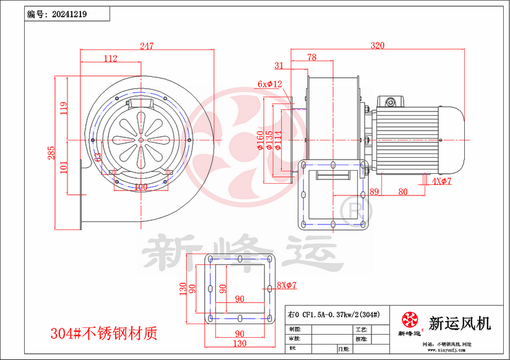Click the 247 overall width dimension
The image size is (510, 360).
click(x=147, y=46)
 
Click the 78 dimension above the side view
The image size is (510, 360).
click(x=312, y=58)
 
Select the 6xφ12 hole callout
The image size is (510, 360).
click(x=270, y=84)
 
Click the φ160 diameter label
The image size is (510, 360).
click(x=260, y=144)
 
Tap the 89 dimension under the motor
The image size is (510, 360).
click(x=374, y=192)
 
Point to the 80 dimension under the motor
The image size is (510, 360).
click(x=403, y=192)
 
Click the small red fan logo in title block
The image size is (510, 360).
click(x=409, y=321)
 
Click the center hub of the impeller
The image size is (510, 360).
click(x=141, y=141)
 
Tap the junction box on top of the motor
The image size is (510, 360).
click(x=391, y=102)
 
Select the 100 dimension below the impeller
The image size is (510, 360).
click(x=140, y=186)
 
